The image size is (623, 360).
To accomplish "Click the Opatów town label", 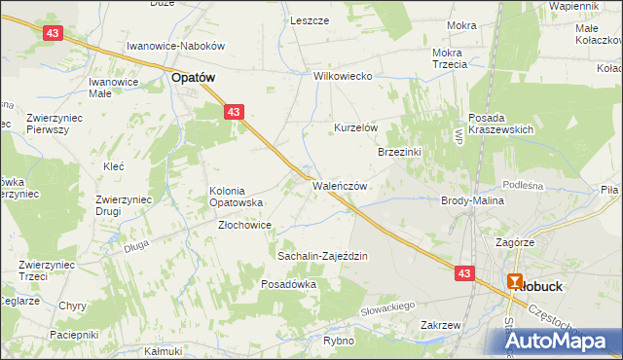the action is [x=193, y=75].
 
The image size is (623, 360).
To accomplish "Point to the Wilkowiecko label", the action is [x=344, y=76].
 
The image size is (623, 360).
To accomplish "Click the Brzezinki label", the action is [x=399, y=152].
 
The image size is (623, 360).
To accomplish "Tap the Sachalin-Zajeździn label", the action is [x=322, y=256].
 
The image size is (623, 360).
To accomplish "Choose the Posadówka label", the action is [x=289, y=284].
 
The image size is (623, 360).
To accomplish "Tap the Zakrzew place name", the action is [x=440, y=325].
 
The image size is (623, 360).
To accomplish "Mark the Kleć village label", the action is [x=114, y=166].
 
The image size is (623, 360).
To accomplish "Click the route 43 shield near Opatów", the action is [x=233, y=113].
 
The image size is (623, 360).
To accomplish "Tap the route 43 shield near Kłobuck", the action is [x=464, y=274].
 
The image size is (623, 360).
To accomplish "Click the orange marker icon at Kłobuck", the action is [x=516, y=281].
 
